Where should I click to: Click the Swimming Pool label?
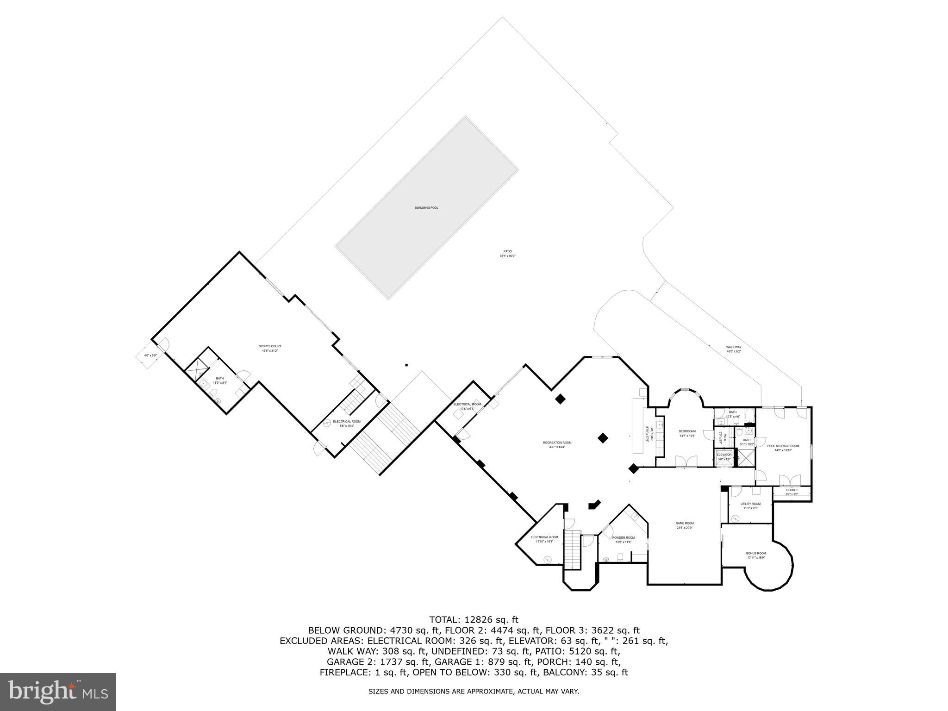coord(426,208)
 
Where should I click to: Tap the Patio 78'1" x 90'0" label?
coord(507,254)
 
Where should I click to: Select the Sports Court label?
coord(270,349)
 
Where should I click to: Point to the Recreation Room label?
coord(557,445)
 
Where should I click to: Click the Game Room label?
coord(685,525)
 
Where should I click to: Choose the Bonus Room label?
coord(756,555)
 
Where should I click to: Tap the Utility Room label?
coord(750,505)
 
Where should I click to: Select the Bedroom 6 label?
coord(687,433)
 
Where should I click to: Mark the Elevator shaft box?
coord(724,457)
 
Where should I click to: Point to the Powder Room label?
coord(624,539)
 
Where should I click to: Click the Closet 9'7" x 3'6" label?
coord(792,492)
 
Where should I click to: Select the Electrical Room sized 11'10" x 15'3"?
coord(544,539)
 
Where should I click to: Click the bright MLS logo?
coord(58,692)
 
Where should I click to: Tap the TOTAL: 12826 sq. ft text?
coord(474,620)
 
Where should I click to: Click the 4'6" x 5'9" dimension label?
coord(150,355)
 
